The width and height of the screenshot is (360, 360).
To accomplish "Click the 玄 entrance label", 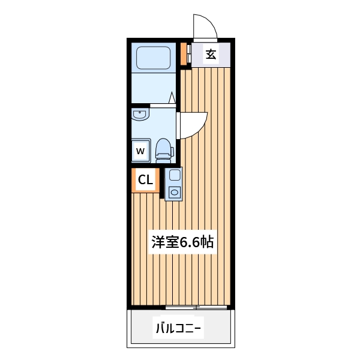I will pos(211,55).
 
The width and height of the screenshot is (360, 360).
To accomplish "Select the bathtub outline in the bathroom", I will pos(155,58).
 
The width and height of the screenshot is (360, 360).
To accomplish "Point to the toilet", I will pos(163,148).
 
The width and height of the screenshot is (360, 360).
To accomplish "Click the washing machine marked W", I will pos(140,151).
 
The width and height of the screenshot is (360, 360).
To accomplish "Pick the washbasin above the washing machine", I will pos(140,114).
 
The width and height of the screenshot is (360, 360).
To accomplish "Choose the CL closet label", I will pos(145,179).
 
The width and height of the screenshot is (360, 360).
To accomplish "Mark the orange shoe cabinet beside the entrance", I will pos(184,55).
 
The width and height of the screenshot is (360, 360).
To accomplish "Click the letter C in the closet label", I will pos(142,179).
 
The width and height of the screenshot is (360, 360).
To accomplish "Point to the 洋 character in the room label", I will pos(158,242).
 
